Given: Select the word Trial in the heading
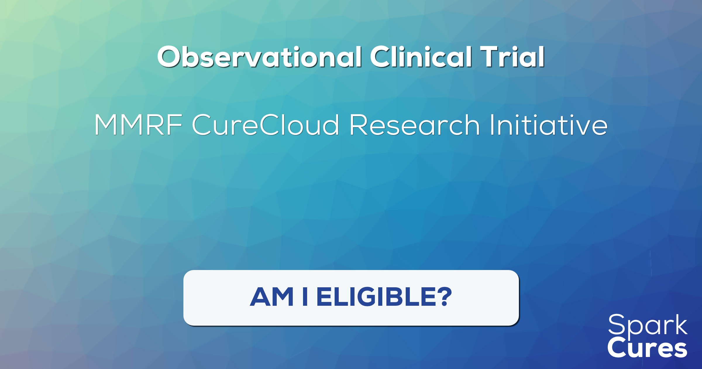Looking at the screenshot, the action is pyautogui.click(x=512, y=57).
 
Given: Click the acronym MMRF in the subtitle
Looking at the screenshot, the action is pyautogui.click(x=138, y=125).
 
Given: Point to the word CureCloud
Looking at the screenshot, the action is pyautogui.click(x=266, y=125).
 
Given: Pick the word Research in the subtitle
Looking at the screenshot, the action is pyautogui.click(x=415, y=125).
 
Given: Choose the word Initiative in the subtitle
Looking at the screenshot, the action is pyautogui.click(x=549, y=125).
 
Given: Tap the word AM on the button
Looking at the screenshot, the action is pyautogui.click(x=272, y=297).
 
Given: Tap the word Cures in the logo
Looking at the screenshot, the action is pyautogui.click(x=647, y=348).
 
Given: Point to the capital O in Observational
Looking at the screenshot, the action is pyautogui.click(x=169, y=57).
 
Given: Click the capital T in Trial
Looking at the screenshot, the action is pyautogui.click(x=490, y=57).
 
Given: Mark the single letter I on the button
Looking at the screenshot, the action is pyautogui.click(x=305, y=297).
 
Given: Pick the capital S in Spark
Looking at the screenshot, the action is pyautogui.click(x=616, y=324).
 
